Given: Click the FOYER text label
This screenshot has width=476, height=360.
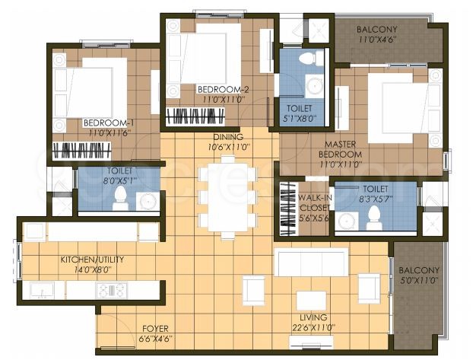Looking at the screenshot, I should click(154, 329).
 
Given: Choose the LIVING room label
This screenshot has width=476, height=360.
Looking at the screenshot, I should click(313, 317).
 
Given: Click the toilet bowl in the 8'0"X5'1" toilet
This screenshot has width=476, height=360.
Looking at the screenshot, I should click(119, 199).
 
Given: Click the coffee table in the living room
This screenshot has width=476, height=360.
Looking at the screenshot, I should click(311, 299).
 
